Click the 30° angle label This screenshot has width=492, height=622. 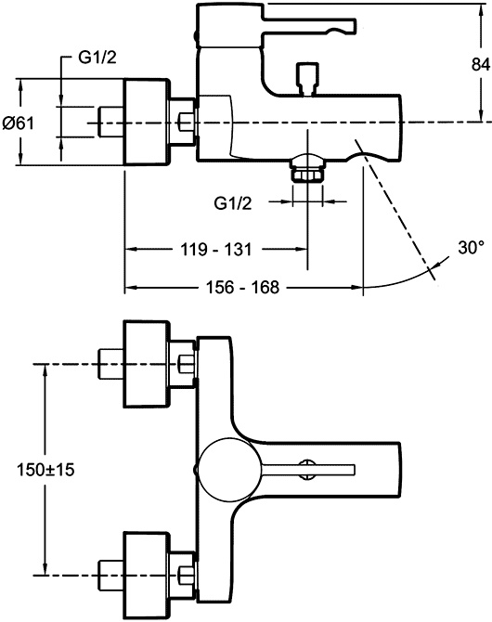click(472, 248)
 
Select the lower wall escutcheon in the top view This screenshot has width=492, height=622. click(147, 573)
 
